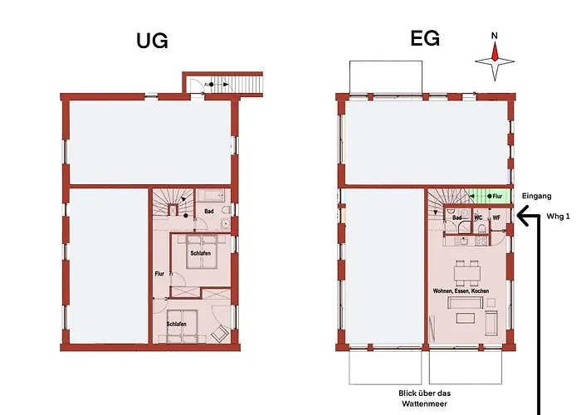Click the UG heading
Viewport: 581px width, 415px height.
152,40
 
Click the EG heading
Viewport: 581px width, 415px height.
424,38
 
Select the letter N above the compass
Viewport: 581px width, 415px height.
495,36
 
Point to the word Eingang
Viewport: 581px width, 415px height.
537,196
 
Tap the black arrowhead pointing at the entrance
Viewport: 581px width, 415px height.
521,217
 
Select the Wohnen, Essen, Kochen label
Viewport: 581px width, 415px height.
461,291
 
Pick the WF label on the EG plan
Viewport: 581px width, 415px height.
496,217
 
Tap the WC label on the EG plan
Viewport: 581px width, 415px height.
478,217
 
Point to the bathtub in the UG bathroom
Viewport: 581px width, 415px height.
210,197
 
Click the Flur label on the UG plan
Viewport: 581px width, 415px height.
159,271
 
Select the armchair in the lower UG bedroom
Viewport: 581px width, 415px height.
220,333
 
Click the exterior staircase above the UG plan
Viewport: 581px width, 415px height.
247,84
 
